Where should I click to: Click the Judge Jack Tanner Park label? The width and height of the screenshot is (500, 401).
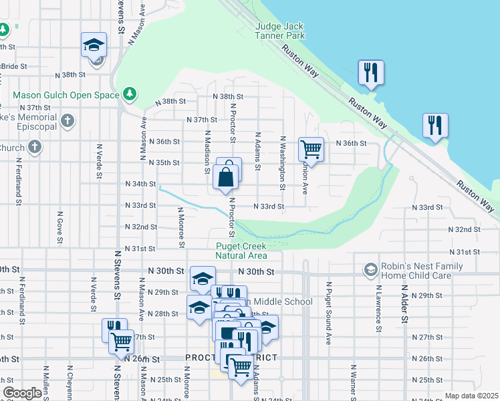(x=280, y=31)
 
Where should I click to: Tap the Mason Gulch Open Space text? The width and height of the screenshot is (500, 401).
(x=65, y=95)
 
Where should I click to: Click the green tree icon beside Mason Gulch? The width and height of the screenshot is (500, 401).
(x=129, y=94)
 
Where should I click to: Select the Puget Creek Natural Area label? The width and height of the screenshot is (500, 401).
(x=241, y=250)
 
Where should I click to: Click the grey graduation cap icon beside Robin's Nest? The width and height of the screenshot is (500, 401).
(x=370, y=270)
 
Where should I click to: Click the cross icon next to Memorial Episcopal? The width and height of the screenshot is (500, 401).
(x=66, y=121)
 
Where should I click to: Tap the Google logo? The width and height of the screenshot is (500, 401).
(x=22, y=393)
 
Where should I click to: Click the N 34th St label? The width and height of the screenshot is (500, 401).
(x=140, y=184)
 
